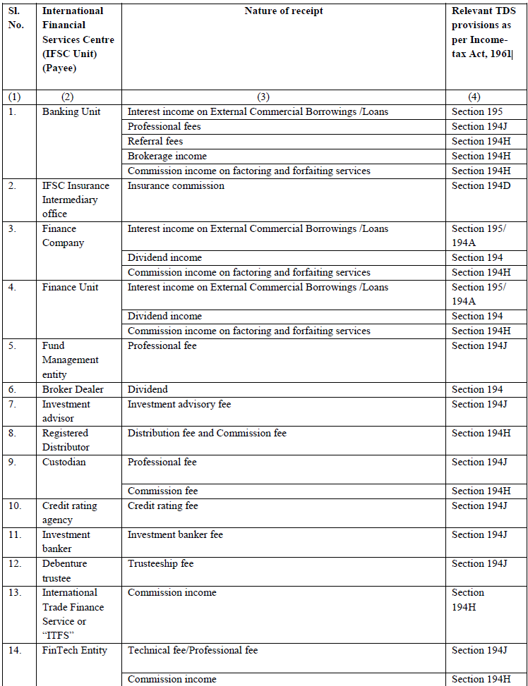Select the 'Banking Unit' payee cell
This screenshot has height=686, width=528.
(71, 111)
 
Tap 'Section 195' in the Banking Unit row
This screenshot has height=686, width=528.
(477, 111)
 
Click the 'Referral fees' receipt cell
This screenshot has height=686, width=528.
(155, 141)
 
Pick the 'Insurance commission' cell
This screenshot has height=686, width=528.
(176, 185)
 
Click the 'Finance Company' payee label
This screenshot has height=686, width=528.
(64, 235)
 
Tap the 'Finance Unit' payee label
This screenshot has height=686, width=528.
(70, 287)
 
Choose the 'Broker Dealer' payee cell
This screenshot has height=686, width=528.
(73, 389)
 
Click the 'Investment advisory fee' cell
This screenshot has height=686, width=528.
(179, 404)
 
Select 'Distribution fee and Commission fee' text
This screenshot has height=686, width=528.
(207, 433)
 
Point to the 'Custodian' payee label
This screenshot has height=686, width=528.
(64, 462)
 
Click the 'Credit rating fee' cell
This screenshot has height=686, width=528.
(162, 506)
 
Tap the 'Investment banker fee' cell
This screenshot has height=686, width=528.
(175, 534)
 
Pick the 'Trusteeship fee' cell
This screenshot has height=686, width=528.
(160, 563)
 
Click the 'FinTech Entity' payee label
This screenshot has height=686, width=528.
(75, 650)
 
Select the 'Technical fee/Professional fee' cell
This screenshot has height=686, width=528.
(193, 650)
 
